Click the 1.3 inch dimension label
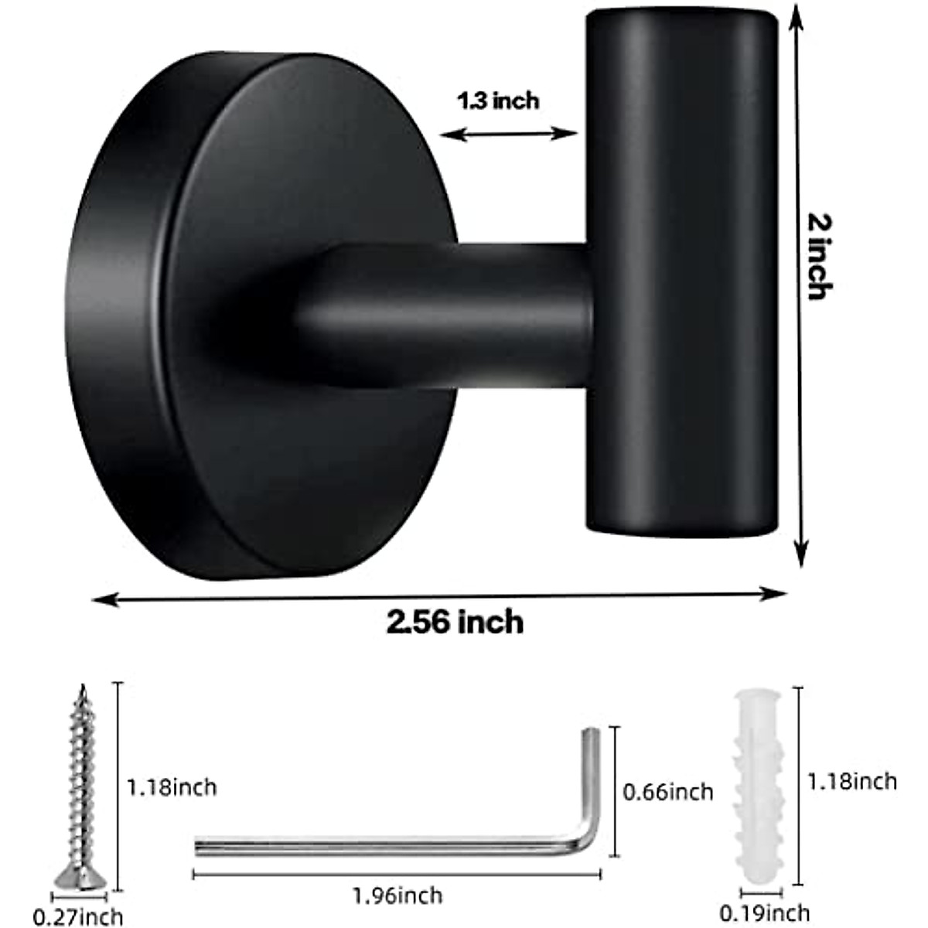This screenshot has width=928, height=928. [x=497, y=101]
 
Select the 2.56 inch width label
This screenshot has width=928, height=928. [x=455, y=622]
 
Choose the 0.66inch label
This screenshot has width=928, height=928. [x=668, y=791]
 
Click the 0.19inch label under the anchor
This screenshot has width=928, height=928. [x=764, y=913]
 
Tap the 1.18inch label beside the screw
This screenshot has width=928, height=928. [x=172, y=787]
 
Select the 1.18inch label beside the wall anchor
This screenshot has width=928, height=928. [x=852, y=781]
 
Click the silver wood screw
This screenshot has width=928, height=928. [x=80, y=773]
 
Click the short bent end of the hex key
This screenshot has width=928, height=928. [x=591, y=773]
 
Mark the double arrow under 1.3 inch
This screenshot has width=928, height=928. [x=508, y=135]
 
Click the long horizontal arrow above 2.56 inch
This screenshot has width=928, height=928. [x=439, y=595]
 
